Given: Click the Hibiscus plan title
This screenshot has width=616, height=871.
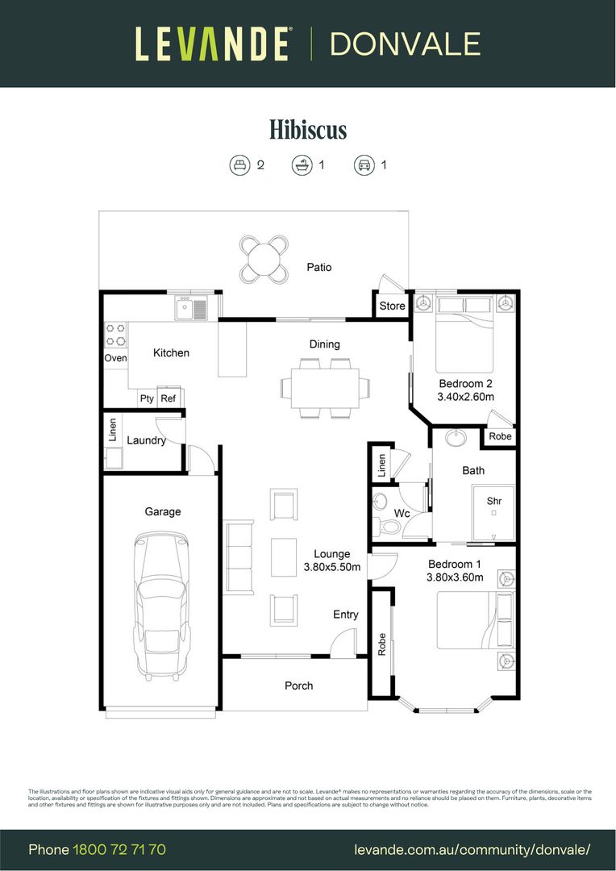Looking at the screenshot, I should tap(308, 129).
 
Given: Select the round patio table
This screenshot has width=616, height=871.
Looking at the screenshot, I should tap(265, 259).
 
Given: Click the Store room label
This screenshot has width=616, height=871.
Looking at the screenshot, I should tap(393, 306).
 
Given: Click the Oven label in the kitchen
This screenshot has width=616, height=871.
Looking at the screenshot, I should tap(115, 358).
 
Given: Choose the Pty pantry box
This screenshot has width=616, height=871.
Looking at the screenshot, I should tap(147, 398).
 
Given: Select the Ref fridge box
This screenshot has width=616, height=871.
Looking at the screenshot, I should tap(169, 398).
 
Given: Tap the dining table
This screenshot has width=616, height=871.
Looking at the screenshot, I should tap(325, 387).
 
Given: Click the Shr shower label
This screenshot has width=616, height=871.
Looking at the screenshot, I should tap(493, 501).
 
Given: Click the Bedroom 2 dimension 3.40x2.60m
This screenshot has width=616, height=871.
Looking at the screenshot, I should tap(465, 397).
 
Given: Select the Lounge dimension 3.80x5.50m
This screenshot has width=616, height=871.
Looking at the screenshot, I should tap(331, 568).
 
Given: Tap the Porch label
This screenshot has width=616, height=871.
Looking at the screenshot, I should tap(298, 686).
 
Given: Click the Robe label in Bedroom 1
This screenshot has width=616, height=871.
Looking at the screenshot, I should tap(381, 643).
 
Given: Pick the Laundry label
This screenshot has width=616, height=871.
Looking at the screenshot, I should tap(146, 440).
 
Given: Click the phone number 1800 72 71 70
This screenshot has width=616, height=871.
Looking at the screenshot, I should tap(119, 850).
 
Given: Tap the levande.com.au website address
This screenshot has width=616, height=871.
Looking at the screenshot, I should tap(472, 850).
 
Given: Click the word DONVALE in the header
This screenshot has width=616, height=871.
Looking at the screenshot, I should tap(405, 44).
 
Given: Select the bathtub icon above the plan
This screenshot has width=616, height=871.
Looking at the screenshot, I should tap(302, 165).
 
